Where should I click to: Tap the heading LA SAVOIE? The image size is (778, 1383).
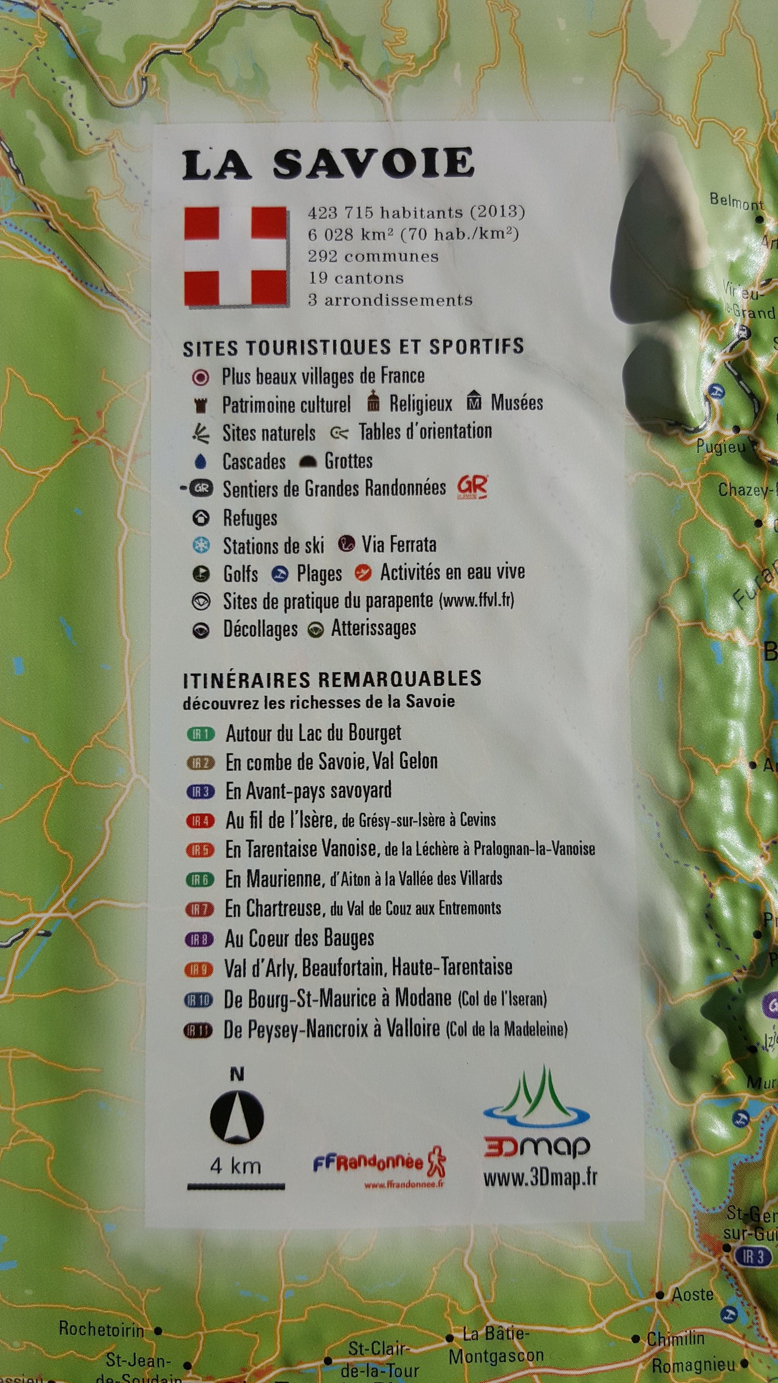(327, 164)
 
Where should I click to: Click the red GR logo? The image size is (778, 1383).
(472, 487)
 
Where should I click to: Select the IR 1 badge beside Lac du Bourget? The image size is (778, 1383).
(200, 734)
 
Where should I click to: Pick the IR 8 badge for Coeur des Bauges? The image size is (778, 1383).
(200, 939)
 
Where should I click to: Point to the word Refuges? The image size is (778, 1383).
(250, 518)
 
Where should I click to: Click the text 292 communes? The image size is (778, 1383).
(372, 257)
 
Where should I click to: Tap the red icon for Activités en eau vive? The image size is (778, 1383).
(363, 574)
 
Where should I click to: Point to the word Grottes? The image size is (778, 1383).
(348, 460)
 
